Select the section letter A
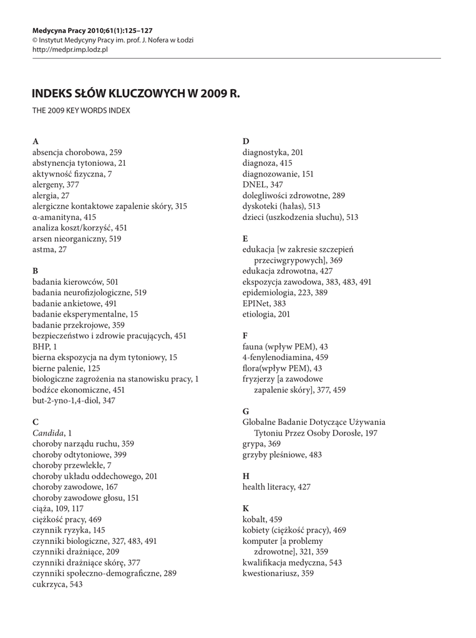pos(35,141)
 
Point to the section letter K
pos(246,508)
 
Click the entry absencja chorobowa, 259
pos(77,152)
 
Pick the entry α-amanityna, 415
pos(64,217)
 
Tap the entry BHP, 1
pos(45,346)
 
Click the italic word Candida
pos(47,432)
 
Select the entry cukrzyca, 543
pos(57,584)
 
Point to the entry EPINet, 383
pos(265,303)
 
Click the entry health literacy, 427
pos(276,487)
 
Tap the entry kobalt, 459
pos(262,519)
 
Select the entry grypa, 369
pos(261,443)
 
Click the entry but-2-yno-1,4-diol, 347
pos(74,400)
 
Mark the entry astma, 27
pos(49,249)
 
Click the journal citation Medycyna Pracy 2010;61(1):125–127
pos(92,29)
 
